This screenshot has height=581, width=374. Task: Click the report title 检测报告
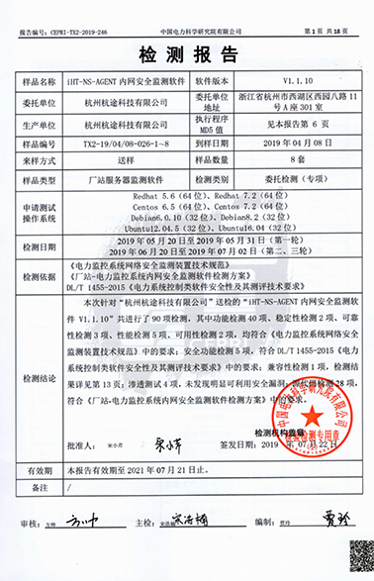[x=187, y=49]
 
